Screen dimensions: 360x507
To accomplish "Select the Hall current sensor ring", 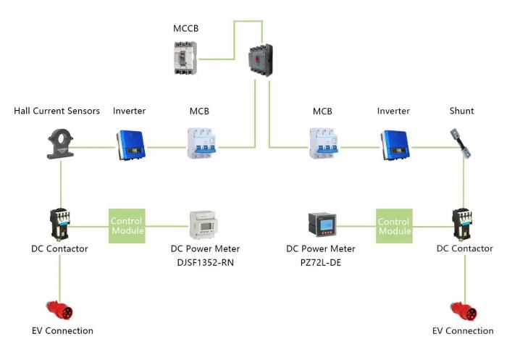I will (x=59, y=143).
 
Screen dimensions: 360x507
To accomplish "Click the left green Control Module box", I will (x=127, y=225).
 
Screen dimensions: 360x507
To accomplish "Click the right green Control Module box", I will (x=394, y=225).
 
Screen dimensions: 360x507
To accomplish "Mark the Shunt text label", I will (x=461, y=111).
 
